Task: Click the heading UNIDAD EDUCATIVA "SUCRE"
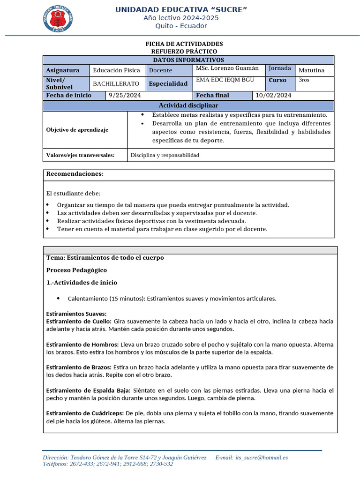(x=181, y=9)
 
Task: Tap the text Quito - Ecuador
(x=181, y=26)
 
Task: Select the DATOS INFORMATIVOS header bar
(x=188, y=60)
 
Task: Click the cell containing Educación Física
(x=116, y=70)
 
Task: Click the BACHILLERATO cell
(x=116, y=84)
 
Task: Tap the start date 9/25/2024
(x=124, y=95)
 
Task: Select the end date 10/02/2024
(x=274, y=95)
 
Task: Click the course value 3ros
(x=304, y=80)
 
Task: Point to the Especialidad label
(x=168, y=84)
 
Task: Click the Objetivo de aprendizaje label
(x=77, y=130)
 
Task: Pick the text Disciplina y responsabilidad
(x=165, y=155)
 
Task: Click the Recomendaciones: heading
(x=75, y=174)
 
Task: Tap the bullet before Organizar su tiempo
(x=48, y=205)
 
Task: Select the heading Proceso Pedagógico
(x=76, y=270)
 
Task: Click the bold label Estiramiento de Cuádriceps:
(x=84, y=413)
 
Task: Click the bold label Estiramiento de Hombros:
(x=82, y=345)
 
